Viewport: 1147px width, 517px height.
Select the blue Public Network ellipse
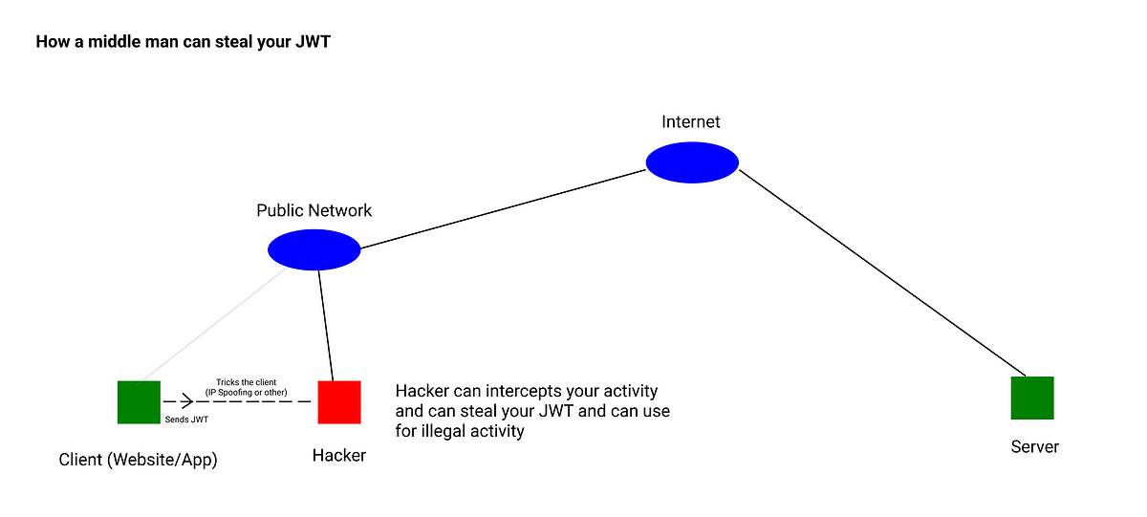point(314,250)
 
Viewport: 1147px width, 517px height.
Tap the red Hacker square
point(339,401)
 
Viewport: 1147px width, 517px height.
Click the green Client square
point(139,401)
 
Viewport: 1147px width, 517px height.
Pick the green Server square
point(1032,398)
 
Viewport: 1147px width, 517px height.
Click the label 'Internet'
point(691,121)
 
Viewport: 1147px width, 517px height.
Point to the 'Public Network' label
point(314,210)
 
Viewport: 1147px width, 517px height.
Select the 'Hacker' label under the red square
point(339,456)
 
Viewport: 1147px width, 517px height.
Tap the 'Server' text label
point(1034,446)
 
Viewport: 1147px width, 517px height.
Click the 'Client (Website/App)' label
point(139,460)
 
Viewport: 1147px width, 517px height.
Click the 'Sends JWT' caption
point(187,420)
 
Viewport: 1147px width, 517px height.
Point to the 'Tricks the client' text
point(247,382)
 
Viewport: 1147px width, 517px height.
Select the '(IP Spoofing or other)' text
point(247,392)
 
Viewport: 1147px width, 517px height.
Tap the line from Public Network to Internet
point(502,209)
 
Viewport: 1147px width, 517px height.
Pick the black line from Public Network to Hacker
point(326,325)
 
